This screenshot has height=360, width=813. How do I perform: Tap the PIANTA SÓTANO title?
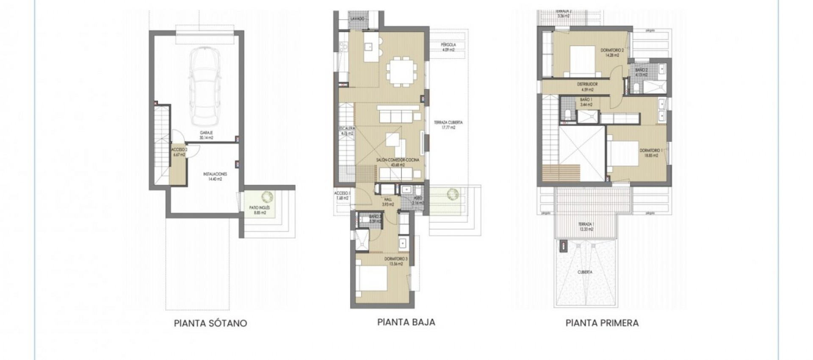(210, 324)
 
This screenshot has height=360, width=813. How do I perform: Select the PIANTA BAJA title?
(406, 322)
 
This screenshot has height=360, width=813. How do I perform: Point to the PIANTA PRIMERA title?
(602, 324)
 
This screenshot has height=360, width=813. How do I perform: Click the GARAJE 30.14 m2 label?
(207, 135)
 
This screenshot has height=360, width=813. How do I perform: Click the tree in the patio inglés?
(267, 197)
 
